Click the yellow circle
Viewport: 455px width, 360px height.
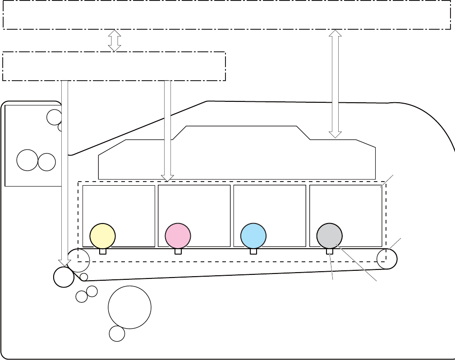pyautogui.click(x=102, y=236)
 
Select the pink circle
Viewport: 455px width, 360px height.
pyautogui.click(x=178, y=236)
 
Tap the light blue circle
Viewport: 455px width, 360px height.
pyautogui.click(x=253, y=236)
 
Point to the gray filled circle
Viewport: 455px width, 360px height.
pyautogui.click(x=329, y=236)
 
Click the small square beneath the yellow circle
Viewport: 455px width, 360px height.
pyautogui.click(x=103, y=251)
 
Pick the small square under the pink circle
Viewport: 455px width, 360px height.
pyautogui.click(x=178, y=251)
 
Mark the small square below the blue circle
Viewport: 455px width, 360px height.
pyautogui.click(x=253, y=251)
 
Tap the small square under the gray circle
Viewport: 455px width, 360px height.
pyautogui.click(x=330, y=251)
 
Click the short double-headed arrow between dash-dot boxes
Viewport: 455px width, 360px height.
pyautogui.click(x=115, y=41)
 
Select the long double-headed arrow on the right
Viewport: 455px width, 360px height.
pyautogui.click(x=335, y=84)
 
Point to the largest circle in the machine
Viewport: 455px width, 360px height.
pyautogui.click(x=129, y=308)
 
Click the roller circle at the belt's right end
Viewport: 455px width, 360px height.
pyautogui.click(x=387, y=259)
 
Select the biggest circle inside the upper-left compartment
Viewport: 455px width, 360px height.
pyautogui.click(x=27, y=160)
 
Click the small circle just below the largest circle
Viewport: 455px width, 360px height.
pyautogui.click(x=117, y=334)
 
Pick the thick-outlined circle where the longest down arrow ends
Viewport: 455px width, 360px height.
pyautogui.click(x=64, y=277)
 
